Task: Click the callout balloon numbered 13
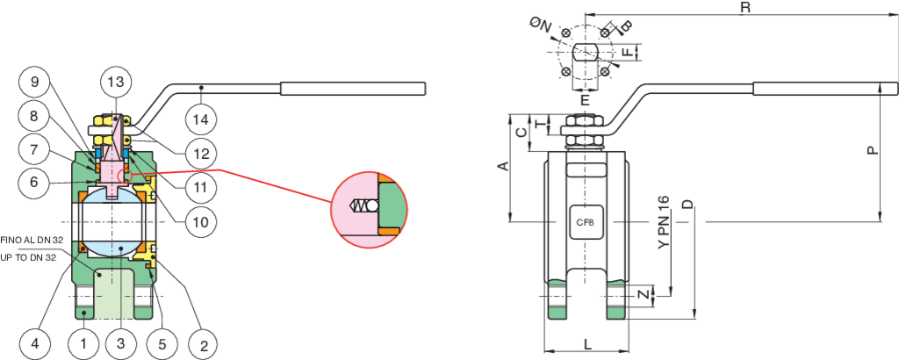115,82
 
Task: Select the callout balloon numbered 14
202,118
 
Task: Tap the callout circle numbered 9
34,83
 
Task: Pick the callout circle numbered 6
34,183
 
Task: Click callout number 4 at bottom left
34,342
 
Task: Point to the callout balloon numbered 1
83,342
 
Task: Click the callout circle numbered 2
203,342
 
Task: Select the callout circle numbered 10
202,221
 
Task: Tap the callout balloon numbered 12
202,154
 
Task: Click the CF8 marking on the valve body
585,223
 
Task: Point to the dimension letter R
744,7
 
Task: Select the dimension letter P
872,150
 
